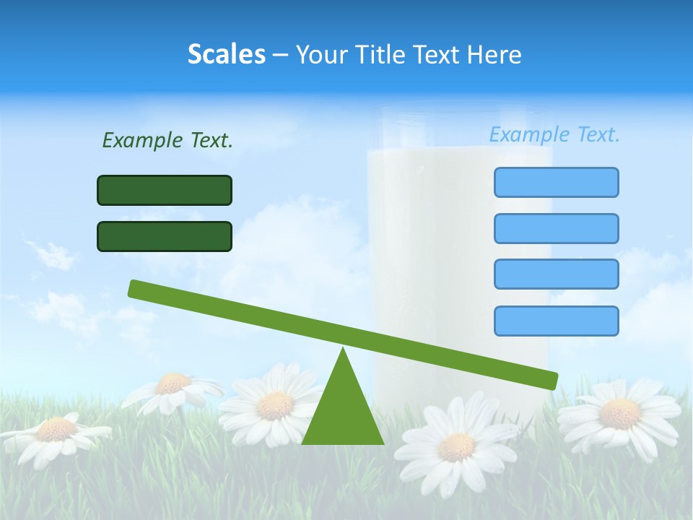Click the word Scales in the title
pos(226,54)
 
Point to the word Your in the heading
pos(322,55)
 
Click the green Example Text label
pos(167,140)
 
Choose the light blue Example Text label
pos(554,134)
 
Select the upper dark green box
pos(165,190)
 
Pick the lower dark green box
pos(165,236)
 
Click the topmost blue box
pos(556,182)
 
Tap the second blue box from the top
pos(556,228)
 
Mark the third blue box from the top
pos(556,274)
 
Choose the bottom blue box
pos(556,321)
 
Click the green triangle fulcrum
pos(343,412)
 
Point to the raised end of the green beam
pos(137,288)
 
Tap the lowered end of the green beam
pos(549,380)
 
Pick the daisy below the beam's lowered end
pos(619,413)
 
